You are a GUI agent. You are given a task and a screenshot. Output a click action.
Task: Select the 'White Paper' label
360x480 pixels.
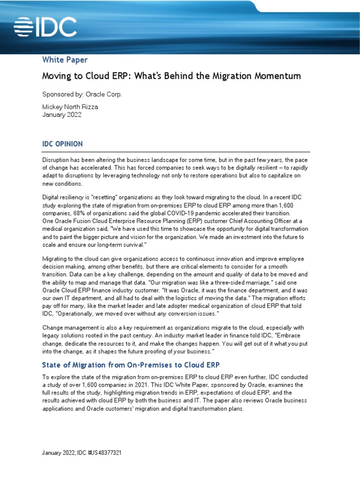65,60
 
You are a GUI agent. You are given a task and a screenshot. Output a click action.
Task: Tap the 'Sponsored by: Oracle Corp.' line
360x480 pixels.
82,94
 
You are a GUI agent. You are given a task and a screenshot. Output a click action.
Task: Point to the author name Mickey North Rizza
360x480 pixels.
70,107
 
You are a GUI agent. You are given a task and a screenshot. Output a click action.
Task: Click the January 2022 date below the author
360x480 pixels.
62,115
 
